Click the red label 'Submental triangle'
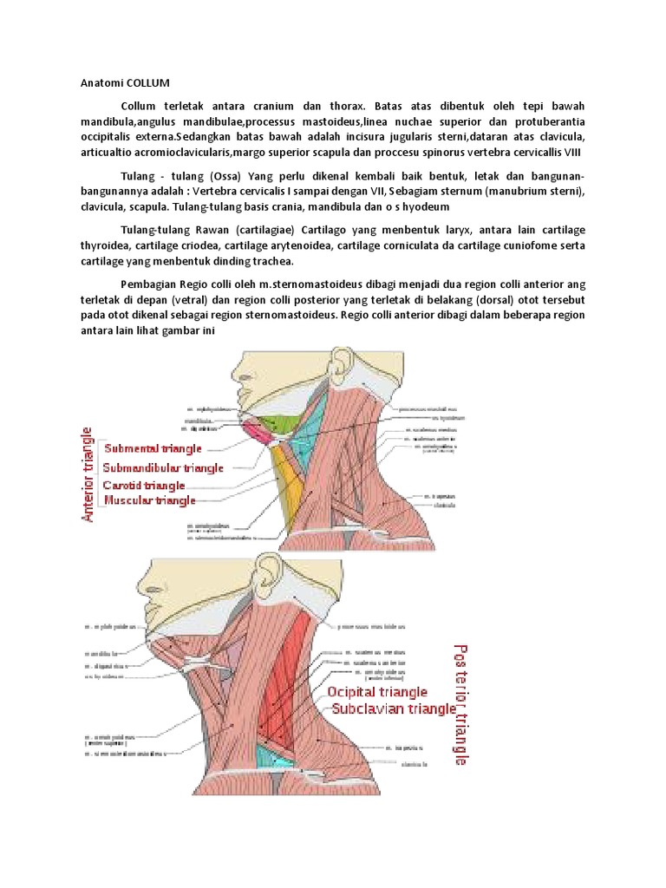click(x=153, y=448)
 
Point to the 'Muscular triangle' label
click(x=149, y=500)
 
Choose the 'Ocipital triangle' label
click(x=376, y=692)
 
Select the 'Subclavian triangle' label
click(x=390, y=708)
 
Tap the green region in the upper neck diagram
click(x=283, y=424)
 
